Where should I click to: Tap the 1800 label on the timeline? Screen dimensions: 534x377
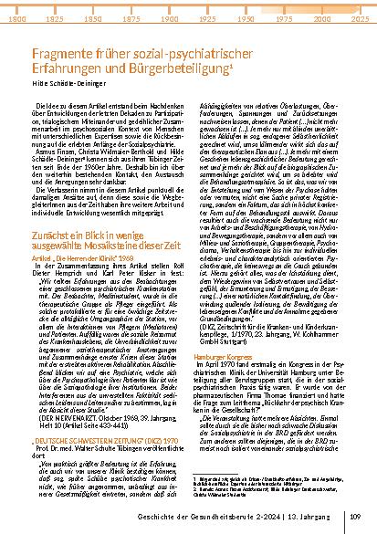[x=16, y=17]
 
